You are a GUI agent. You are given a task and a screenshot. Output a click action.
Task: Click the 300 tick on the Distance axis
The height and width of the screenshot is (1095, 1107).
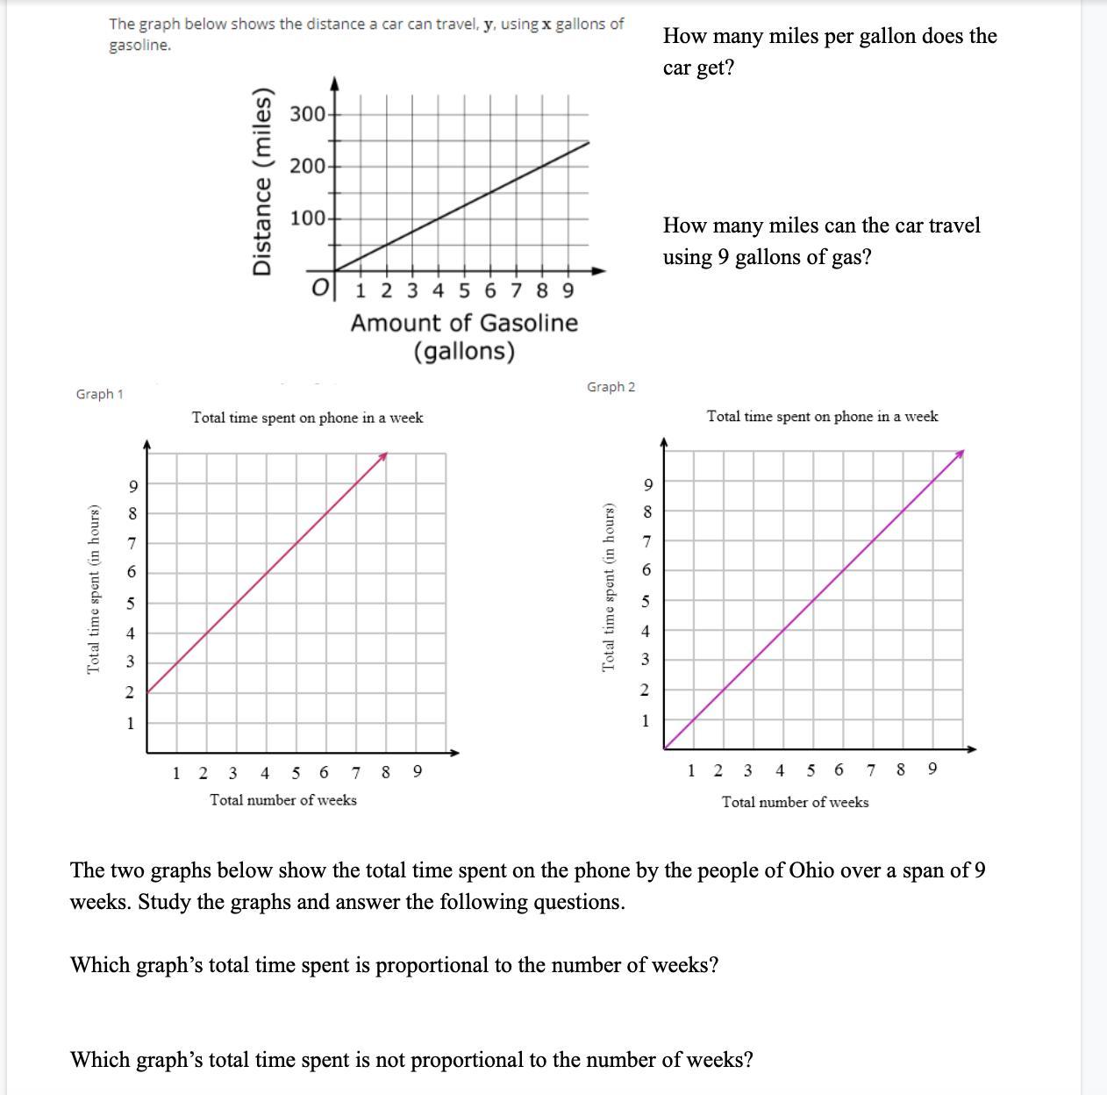coord(307,114)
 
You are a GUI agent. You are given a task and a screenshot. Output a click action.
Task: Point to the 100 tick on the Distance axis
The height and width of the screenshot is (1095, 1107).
coord(307,218)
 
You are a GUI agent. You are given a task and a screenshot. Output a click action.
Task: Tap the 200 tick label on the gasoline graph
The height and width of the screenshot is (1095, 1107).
coord(307,166)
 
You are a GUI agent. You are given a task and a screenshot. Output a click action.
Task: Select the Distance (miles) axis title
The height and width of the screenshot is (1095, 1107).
coord(262,182)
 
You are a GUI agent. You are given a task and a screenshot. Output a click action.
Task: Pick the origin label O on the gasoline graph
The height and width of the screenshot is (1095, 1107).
coord(321,287)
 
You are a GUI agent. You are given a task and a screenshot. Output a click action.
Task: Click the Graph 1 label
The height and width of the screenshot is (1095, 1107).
coord(99,394)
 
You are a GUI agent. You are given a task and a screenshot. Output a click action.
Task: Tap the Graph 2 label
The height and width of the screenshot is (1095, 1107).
coord(611,387)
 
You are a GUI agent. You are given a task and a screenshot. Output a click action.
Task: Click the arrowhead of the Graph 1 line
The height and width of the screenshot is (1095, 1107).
coord(383,456)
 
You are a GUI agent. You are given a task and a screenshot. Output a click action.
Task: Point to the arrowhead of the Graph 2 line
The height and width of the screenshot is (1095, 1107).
coord(961,454)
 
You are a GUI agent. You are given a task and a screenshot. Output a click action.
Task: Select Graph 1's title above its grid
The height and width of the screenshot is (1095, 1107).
coord(307,418)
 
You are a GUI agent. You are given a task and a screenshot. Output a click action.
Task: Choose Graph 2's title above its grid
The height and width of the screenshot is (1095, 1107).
coord(822,416)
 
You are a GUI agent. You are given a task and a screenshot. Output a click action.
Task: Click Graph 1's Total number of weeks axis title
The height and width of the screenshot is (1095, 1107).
coord(282,799)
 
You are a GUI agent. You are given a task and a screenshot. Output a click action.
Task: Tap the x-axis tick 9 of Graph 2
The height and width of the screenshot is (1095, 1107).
coord(932,769)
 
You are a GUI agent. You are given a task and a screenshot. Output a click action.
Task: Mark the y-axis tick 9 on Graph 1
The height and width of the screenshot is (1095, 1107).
coord(132,486)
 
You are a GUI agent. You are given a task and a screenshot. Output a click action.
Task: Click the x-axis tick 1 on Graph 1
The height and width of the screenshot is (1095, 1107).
coord(176,773)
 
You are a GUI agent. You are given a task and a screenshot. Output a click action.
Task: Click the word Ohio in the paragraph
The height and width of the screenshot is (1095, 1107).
coord(811,870)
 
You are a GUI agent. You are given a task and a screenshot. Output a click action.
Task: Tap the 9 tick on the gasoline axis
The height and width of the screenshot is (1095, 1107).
coord(568,290)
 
